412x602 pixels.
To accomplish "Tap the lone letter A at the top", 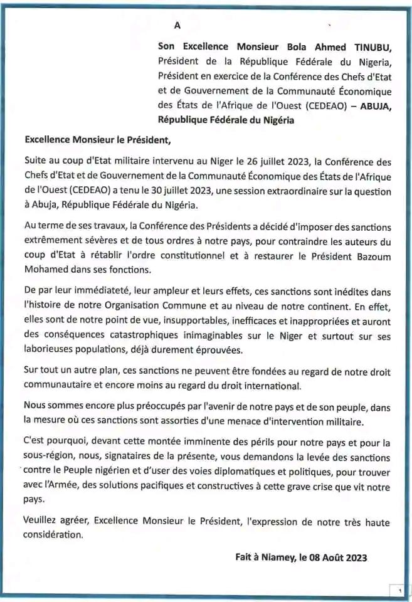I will click(x=177, y=26).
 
